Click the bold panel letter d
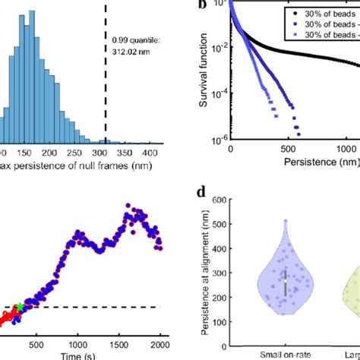click(201, 193)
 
